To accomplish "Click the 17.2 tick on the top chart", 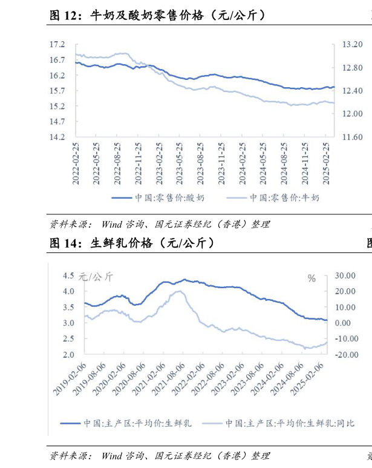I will [x=57, y=44].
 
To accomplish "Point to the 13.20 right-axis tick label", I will [x=352, y=44].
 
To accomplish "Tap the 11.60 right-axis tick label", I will [x=352, y=137].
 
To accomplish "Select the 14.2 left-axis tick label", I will [x=57, y=137].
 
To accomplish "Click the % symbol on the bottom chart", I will [x=312, y=278].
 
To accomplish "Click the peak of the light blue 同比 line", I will [x=179, y=291].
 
